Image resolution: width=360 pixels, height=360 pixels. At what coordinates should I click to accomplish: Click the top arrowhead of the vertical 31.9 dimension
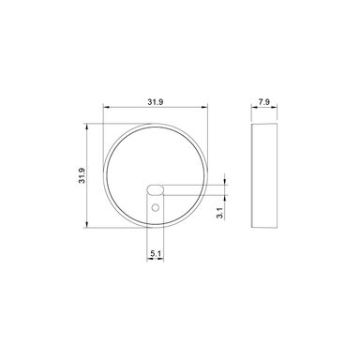pos(90,124)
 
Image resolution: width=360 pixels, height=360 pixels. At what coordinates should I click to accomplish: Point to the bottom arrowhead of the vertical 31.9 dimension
pos(90,226)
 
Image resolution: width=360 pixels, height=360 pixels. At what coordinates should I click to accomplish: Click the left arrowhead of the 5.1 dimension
pos(148,259)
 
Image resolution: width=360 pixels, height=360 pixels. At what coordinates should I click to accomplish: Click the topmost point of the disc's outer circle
pos(155,122)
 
